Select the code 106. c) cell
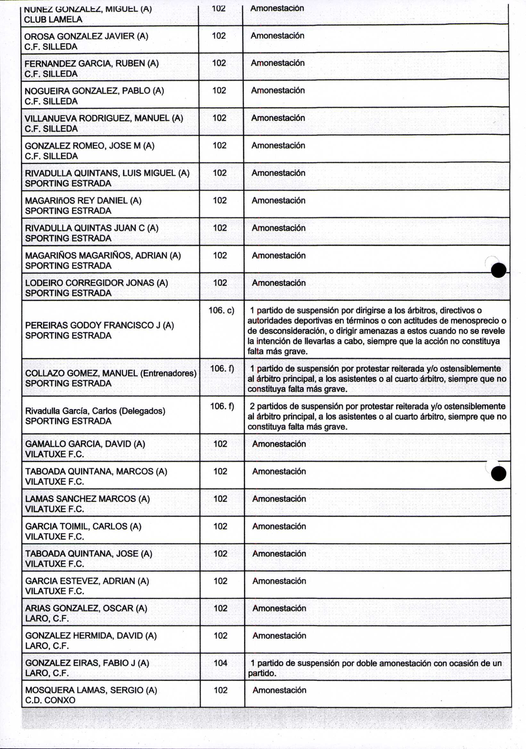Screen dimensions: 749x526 pos(221,310)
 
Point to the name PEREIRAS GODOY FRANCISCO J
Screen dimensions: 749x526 pos(93,325)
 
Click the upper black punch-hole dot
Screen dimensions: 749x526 pos(498,270)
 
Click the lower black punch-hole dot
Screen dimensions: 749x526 pos(498,474)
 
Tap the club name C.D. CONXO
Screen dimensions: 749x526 pos(50,700)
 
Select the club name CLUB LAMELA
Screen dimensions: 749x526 pos(53,20)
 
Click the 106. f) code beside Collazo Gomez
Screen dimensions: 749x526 pos(222,369)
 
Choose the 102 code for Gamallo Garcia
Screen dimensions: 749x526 pos(220,444)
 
